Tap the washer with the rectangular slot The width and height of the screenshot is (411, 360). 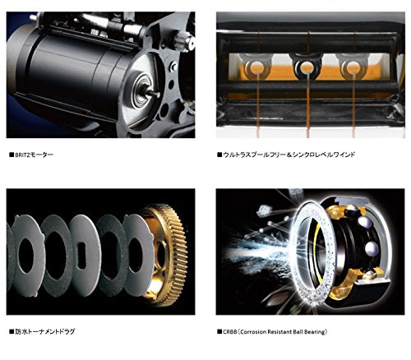84,247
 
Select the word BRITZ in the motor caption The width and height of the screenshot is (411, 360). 25,154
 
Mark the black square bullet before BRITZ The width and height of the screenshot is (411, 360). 10,154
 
